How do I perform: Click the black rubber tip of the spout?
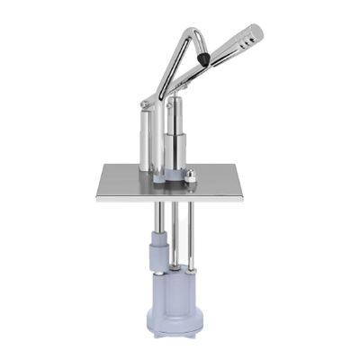pyautogui.click(x=207, y=58)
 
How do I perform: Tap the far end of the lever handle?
pyautogui.click(x=257, y=33)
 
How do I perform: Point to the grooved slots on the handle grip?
pyautogui.click(x=239, y=43)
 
